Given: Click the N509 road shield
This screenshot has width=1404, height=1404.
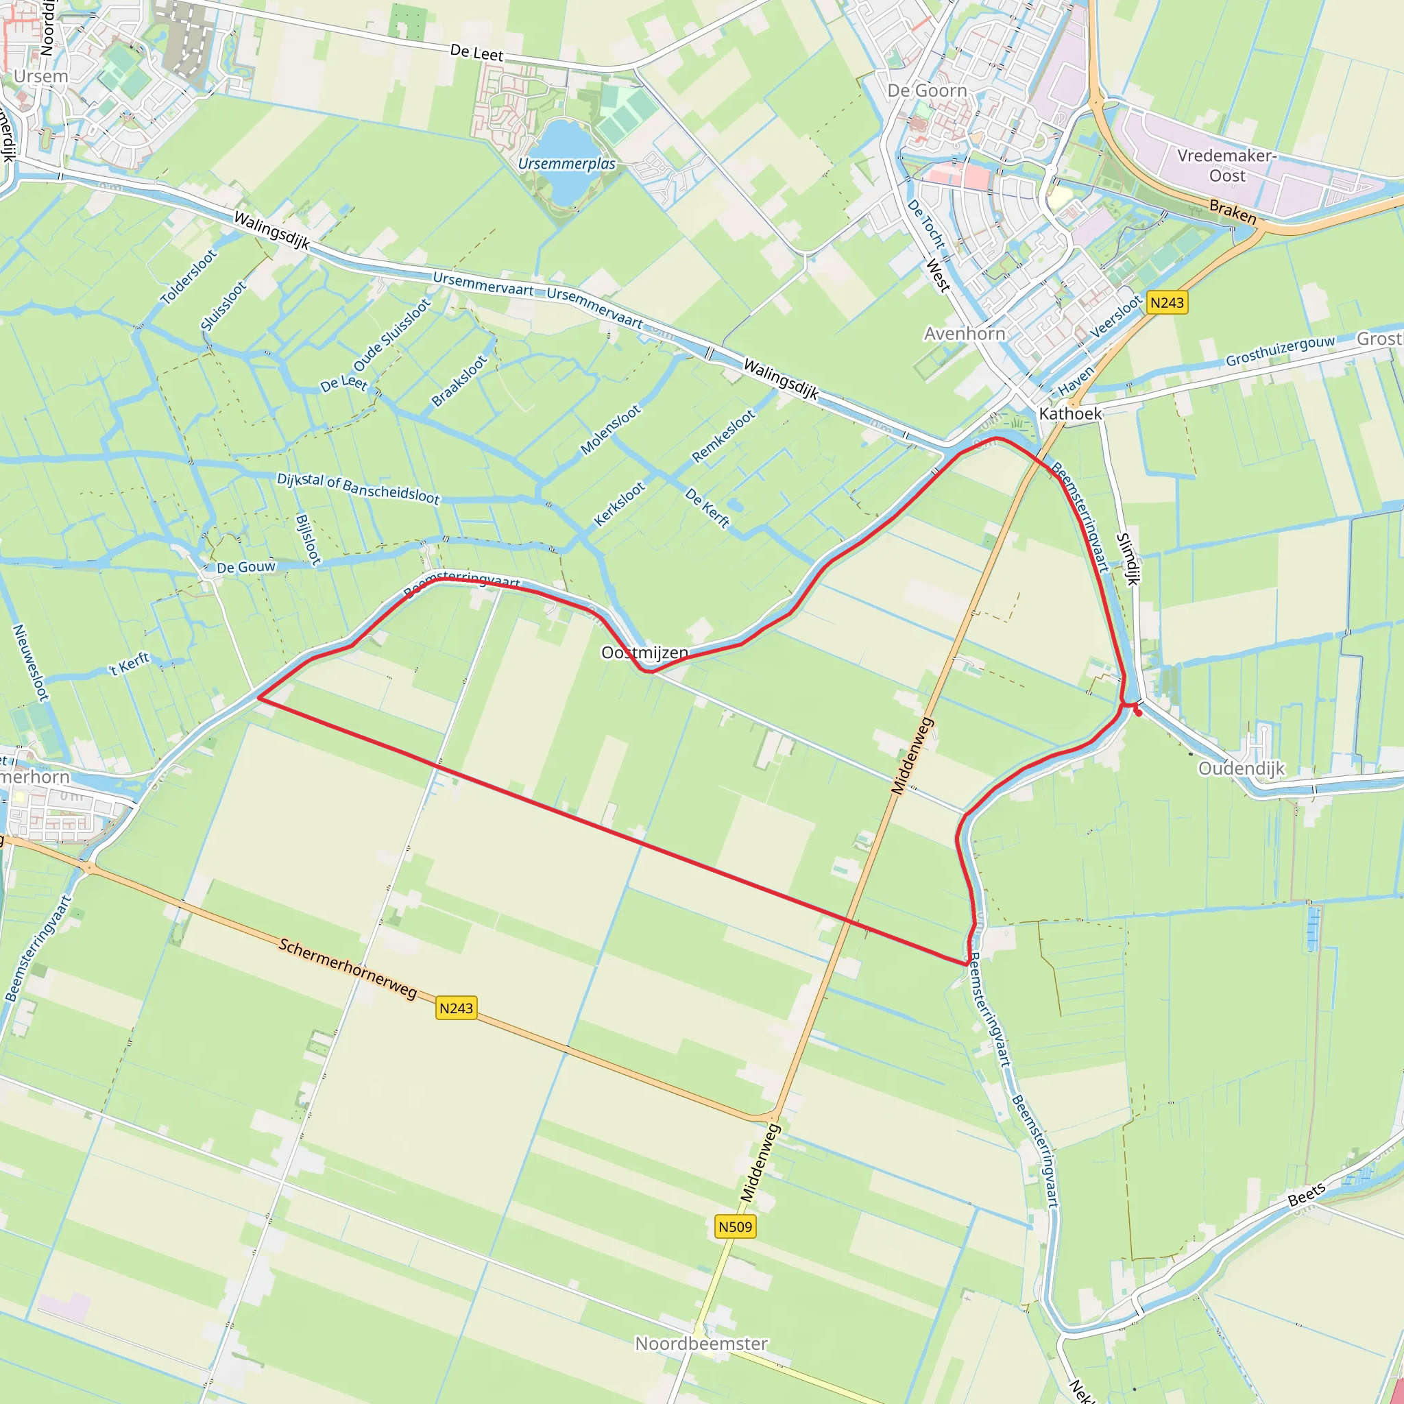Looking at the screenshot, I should (736, 1226).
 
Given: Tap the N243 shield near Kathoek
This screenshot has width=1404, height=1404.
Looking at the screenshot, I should (1167, 302).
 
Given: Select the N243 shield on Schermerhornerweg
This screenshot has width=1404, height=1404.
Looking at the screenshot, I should (456, 1008).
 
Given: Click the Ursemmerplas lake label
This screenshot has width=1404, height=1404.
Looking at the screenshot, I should (567, 164).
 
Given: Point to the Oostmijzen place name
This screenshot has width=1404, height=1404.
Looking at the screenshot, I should (644, 653).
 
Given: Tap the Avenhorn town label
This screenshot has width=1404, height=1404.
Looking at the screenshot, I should (965, 334).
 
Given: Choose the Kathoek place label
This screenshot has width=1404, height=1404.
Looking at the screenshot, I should (1069, 413).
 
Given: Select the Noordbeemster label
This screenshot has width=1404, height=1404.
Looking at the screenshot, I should (701, 1344).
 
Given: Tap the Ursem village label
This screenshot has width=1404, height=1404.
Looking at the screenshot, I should (40, 76).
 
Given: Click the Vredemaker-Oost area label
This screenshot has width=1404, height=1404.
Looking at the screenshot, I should (1226, 166).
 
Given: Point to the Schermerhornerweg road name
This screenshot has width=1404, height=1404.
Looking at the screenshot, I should (348, 969).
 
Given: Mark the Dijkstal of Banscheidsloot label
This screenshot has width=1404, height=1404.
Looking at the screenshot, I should (359, 488).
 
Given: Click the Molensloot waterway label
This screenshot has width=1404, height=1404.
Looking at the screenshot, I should (610, 429).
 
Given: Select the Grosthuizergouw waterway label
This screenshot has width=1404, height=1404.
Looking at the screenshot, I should (1280, 350).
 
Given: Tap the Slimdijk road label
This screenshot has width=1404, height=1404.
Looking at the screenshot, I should (1128, 559).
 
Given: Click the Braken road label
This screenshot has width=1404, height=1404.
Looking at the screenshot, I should (1233, 211).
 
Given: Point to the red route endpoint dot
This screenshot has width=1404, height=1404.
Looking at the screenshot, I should (1139, 713).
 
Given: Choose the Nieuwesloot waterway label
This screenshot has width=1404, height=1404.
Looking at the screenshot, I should (32, 662).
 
